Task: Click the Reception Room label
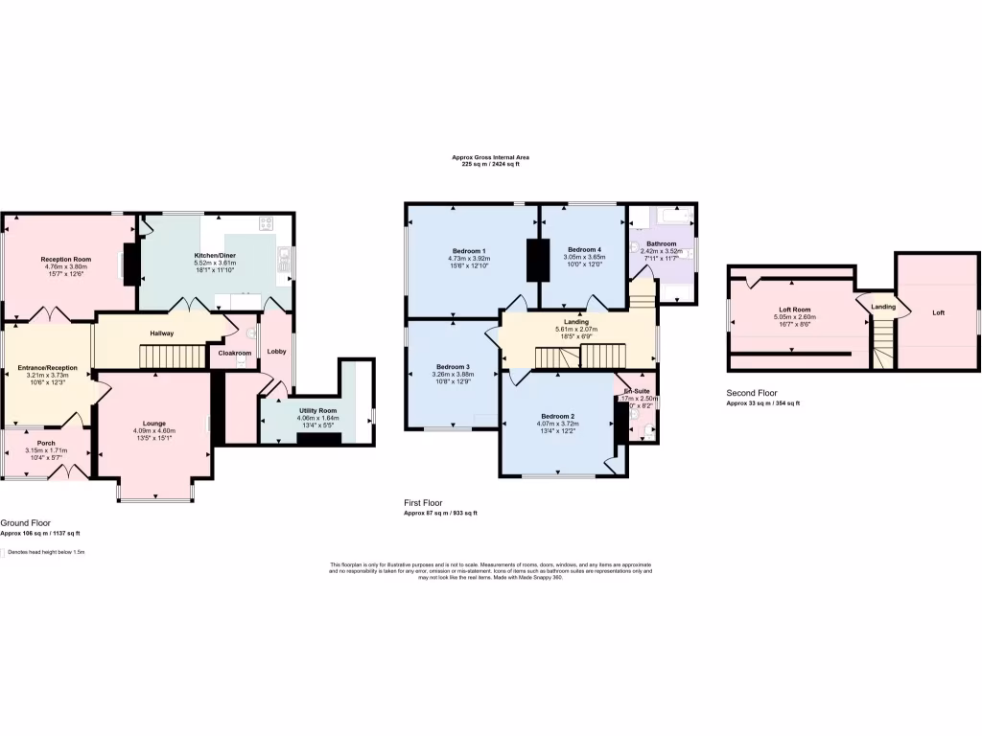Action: tap(65, 259)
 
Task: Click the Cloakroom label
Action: tap(234, 353)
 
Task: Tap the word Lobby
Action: tap(276, 352)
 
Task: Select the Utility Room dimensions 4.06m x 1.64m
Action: tap(316, 418)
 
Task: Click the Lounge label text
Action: tap(154, 423)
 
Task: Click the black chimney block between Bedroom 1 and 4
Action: tap(532, 259)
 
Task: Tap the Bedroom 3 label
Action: tap(453, 366)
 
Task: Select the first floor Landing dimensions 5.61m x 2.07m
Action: tap(576, 329)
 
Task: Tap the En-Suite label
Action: tap(636, 390)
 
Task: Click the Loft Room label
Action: tap(795, 309)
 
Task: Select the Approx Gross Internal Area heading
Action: tap(490, 157)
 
